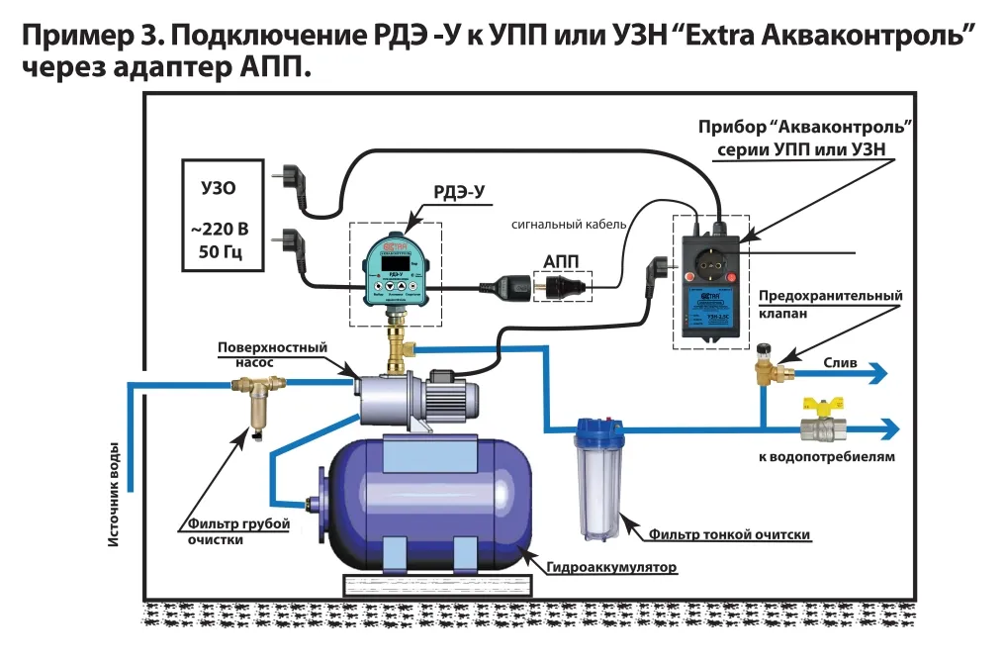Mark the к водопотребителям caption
(828, 457)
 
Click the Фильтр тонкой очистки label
(730, 535)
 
